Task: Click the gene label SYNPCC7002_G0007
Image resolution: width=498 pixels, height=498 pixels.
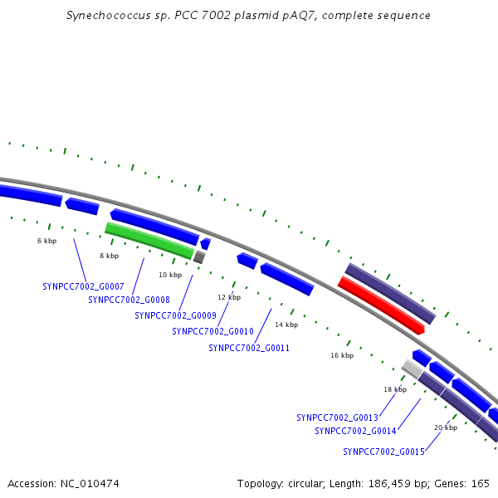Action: [83, 286]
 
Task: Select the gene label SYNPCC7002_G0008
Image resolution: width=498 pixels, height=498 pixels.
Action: [129, 300]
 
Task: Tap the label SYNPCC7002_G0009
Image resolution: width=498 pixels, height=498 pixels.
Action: [176, 315]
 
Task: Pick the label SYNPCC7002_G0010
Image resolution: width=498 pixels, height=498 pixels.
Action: [212, 331]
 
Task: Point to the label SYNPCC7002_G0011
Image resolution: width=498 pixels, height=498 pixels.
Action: [249, 348]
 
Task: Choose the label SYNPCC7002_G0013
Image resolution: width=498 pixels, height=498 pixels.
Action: [337, 417]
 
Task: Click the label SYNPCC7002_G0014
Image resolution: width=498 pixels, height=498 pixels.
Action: [355, 431]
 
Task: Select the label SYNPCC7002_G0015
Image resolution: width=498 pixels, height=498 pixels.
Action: [383, 452]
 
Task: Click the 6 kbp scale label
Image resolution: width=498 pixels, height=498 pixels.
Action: [47, 241]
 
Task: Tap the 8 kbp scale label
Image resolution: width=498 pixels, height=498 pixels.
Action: [110, 256]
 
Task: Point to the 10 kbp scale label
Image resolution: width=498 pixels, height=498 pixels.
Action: [170, 275]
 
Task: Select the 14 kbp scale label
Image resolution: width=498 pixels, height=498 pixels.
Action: [286, 325]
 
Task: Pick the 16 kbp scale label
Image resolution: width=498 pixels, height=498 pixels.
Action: [342, 355]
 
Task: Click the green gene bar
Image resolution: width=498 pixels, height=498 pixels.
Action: [149, 240]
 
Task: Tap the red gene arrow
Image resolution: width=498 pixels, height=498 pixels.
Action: [381, 305]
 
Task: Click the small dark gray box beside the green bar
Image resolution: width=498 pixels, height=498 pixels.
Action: [199, 257]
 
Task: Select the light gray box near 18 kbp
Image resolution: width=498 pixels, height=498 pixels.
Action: [413, 369]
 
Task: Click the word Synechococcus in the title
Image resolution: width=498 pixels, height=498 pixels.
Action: [108, 16]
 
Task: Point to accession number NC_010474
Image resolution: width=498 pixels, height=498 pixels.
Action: [90, 484]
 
